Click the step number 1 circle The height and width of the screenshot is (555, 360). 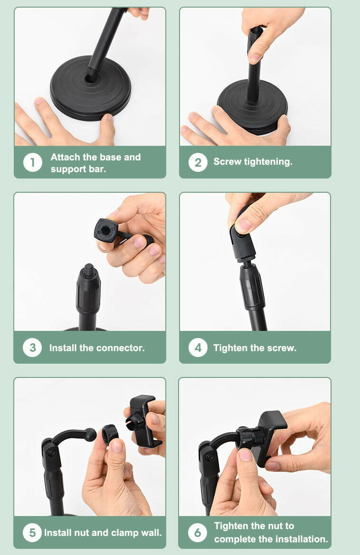point(33,162)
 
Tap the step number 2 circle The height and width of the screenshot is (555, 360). point(198,162)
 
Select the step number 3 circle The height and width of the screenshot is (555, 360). point(33,348)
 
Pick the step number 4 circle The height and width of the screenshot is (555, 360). point(198,348)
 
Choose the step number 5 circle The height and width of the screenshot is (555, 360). point(32,533)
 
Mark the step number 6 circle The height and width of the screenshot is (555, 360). point(198,533)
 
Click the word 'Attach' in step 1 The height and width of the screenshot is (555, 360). point(66,157)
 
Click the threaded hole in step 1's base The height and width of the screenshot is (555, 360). point(90,78)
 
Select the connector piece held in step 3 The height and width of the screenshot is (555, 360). point(120,233)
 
